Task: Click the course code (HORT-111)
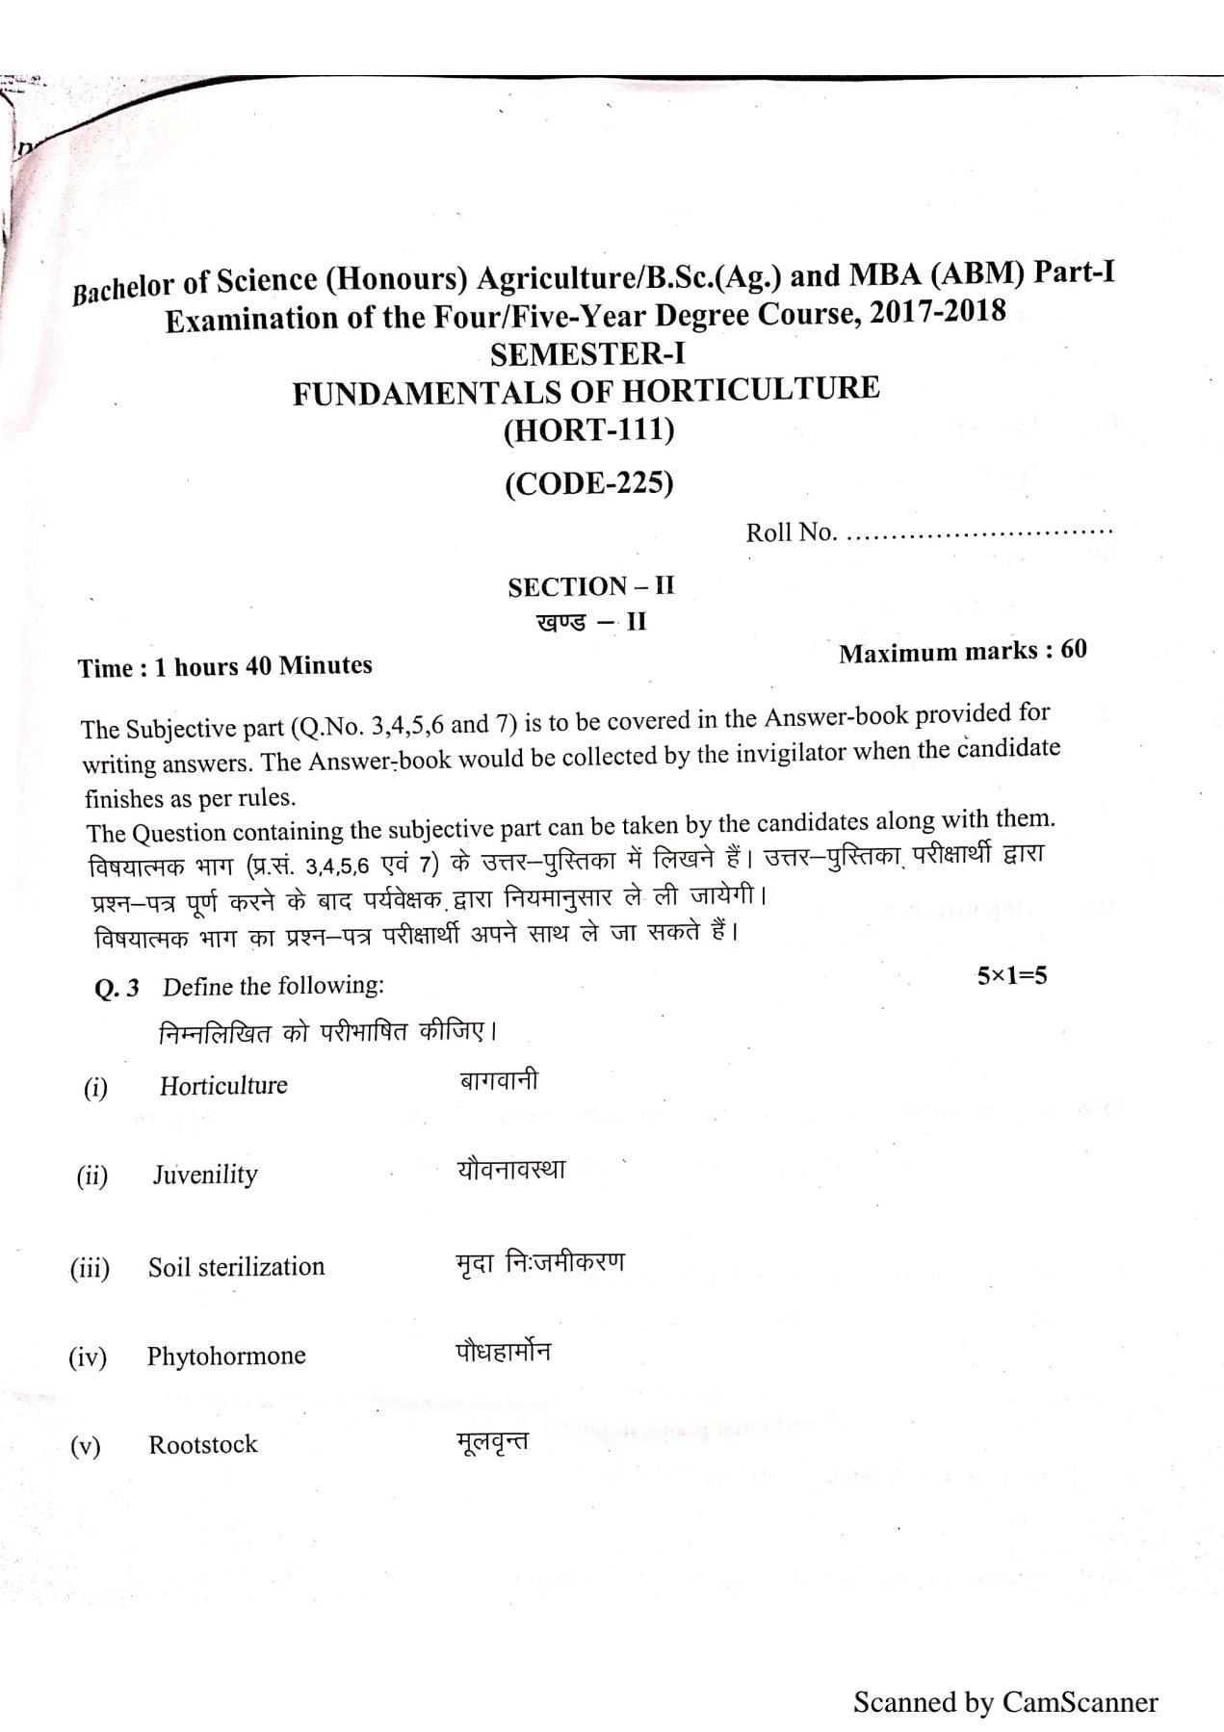[589, 430]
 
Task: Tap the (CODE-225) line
[589, 481]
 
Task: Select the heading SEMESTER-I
[588, 354]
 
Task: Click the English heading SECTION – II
[591, 586]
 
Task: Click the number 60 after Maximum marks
[1073, 650]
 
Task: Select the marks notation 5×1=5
[1012, 975]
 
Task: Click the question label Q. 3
[117, 989]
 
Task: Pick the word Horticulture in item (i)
[223, 1086]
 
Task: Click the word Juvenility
[205, 1175]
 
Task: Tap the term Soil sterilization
[236, 1266]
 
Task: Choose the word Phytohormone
[226, 1356]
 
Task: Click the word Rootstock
[203, 1444]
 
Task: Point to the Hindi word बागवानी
[498, 1079]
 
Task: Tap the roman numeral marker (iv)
[87, 1357]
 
